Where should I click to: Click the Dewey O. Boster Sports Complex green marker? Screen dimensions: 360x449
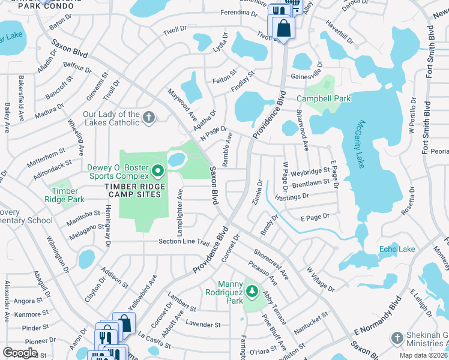(x=158, y=172)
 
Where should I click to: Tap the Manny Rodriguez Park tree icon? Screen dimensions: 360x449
(x=253, y=292)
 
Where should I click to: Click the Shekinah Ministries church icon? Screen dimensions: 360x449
(x=396, y=338)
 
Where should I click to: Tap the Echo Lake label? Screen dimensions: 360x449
(x=397, y=249)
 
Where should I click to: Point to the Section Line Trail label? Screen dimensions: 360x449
(x=183, y=242)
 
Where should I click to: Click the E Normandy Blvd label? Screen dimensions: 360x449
(x=377, y=319)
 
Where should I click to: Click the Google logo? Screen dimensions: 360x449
(x=20, y=353)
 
